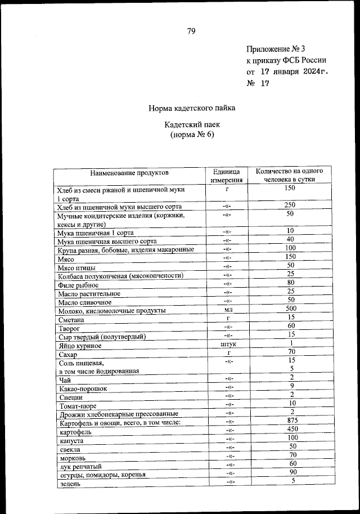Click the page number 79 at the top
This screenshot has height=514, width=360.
click(191, 32)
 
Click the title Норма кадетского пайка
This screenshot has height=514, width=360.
click(192, 108)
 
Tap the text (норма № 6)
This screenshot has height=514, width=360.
click(192, 135)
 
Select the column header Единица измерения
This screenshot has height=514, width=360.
click(227, 176)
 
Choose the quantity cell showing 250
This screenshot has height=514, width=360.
click(290, 205)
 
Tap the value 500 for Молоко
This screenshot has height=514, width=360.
click(290, 309)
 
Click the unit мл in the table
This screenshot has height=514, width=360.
click(227, 310)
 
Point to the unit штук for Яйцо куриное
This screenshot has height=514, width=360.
click(227, 344)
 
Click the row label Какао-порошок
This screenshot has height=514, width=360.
click(82, 388)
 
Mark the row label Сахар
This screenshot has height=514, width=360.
click(67, 355)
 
